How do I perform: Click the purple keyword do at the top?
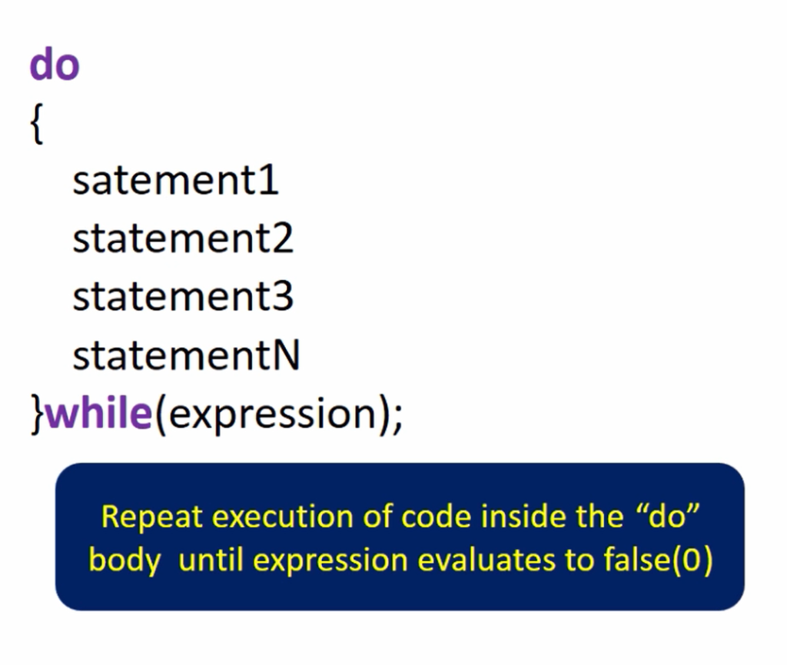(x=55, y=64)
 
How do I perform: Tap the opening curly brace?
(x=37, y=124)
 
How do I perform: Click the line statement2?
(x=183, y=238)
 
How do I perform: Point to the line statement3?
(x=183, y=296)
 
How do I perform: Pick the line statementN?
(x=186, y=354)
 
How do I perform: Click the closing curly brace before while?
(x=38, y=414)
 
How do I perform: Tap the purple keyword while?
(x=99, y=412)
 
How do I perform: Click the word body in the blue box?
(x=125, y=560)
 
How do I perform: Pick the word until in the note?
(x=211, y=560)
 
